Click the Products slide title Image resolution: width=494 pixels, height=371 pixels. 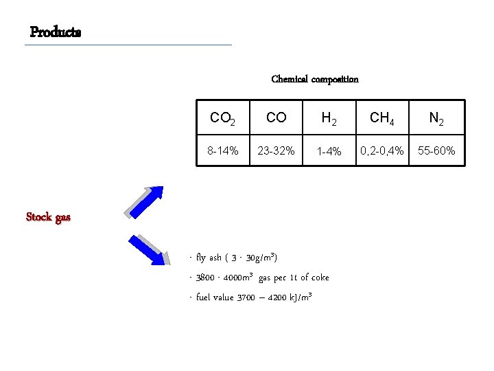pos(56,32)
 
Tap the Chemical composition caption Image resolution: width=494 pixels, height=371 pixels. pos(315,79)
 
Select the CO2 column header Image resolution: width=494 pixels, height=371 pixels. pos(223,118)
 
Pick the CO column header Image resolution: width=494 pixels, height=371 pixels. pos(276,118)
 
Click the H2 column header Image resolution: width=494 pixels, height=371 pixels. pos(329,118)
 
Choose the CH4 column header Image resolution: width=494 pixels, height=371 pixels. pos(383,118)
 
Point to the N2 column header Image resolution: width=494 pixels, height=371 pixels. pos(436,118)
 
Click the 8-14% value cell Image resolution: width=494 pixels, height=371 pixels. pos(223,150)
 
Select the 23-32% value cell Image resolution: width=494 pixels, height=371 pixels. pos(276,150)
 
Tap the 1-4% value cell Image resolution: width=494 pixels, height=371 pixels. pos(329,151)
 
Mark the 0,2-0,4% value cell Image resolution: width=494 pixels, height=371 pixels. pos(383,150)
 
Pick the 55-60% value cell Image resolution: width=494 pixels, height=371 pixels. pos(436,150)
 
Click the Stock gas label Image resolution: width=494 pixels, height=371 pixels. pos(48,217)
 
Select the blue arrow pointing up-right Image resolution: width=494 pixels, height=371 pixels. pos(145,201)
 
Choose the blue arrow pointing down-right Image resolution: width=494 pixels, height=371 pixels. pos(149,248)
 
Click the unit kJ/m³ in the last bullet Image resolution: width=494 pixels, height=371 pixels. pos(300,297)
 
